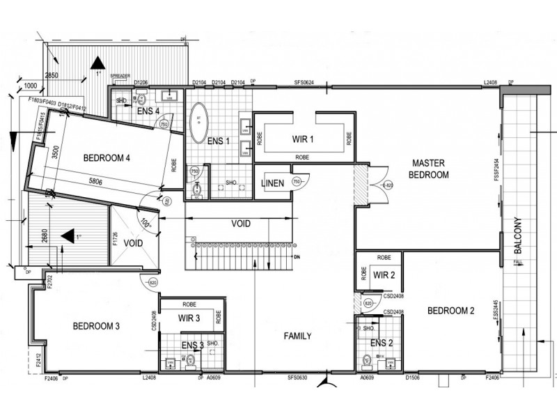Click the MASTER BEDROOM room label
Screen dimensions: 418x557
428,168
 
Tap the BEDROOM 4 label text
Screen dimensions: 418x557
107,157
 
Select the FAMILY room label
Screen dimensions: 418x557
297,336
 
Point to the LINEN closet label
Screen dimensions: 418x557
272,183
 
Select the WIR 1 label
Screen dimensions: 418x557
303,139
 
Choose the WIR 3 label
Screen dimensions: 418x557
189,319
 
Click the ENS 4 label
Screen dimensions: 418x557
148,110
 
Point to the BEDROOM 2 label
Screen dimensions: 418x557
450,311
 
